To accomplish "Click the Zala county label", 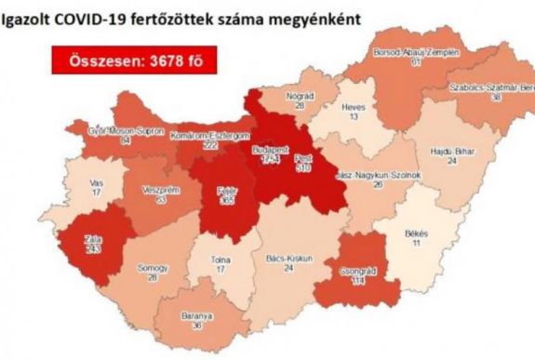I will pyautogui.click(x=93, y=241).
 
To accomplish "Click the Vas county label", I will pyautogui.click(x=98, y=181).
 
